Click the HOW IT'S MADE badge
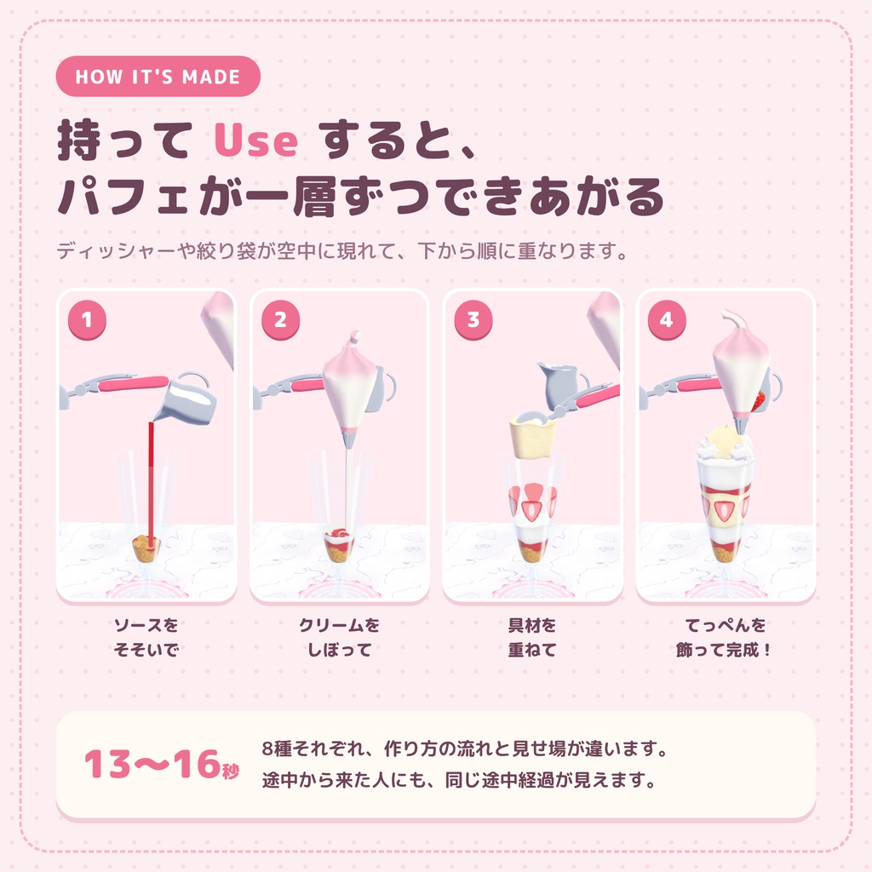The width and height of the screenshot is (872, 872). pos(158,76)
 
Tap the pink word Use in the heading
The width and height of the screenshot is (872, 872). pos(255,140)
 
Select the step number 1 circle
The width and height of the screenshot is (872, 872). pos(87,320)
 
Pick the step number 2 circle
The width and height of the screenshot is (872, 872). pos(280,320)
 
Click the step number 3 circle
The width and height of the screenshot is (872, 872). pos(473,320)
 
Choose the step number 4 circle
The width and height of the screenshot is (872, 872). pos(667,320)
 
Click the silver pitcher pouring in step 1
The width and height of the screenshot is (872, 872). pos(186,399)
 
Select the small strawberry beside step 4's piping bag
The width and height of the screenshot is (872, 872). pos(759,401)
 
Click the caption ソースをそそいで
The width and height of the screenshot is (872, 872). pos(146,637)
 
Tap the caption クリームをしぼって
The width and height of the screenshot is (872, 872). pos(339,637)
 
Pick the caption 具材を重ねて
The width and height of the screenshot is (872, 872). pos(532,637)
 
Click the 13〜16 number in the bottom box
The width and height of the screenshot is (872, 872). pos(152,764)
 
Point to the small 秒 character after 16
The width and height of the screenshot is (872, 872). pos(231,771)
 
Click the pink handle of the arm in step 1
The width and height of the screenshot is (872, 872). pos(134,383)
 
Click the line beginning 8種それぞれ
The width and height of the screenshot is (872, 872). pos(465,749)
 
